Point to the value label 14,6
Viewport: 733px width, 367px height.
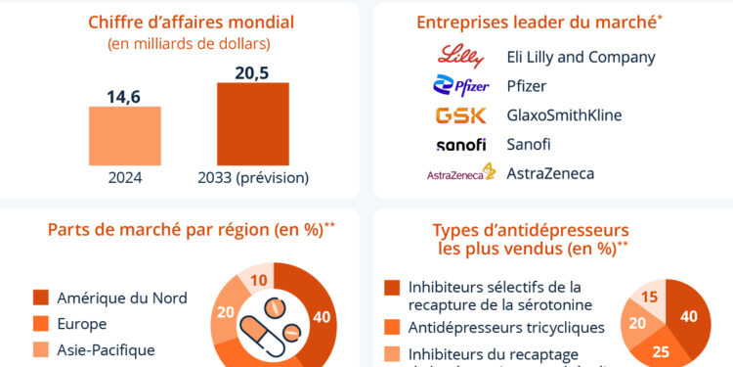click(x=124, y=95)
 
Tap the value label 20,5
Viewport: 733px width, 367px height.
click(x=252, y=71)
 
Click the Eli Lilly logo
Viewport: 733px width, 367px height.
click(x=460, y=56)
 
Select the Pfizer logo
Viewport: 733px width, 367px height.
click(x=460, y=86)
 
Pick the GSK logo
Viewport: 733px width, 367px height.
click(x=460, y=115)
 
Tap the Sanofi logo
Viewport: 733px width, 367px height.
click(x=460, y=145)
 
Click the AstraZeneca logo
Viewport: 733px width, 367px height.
click(x=460, y=174)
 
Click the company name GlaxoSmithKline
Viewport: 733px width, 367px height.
click(x=564, y=115)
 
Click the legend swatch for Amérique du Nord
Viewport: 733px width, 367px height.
click(x=41, y=298)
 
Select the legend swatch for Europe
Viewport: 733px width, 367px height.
click(x=41, y=323)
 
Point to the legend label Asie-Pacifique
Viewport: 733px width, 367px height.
click(x=106, y=348)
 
